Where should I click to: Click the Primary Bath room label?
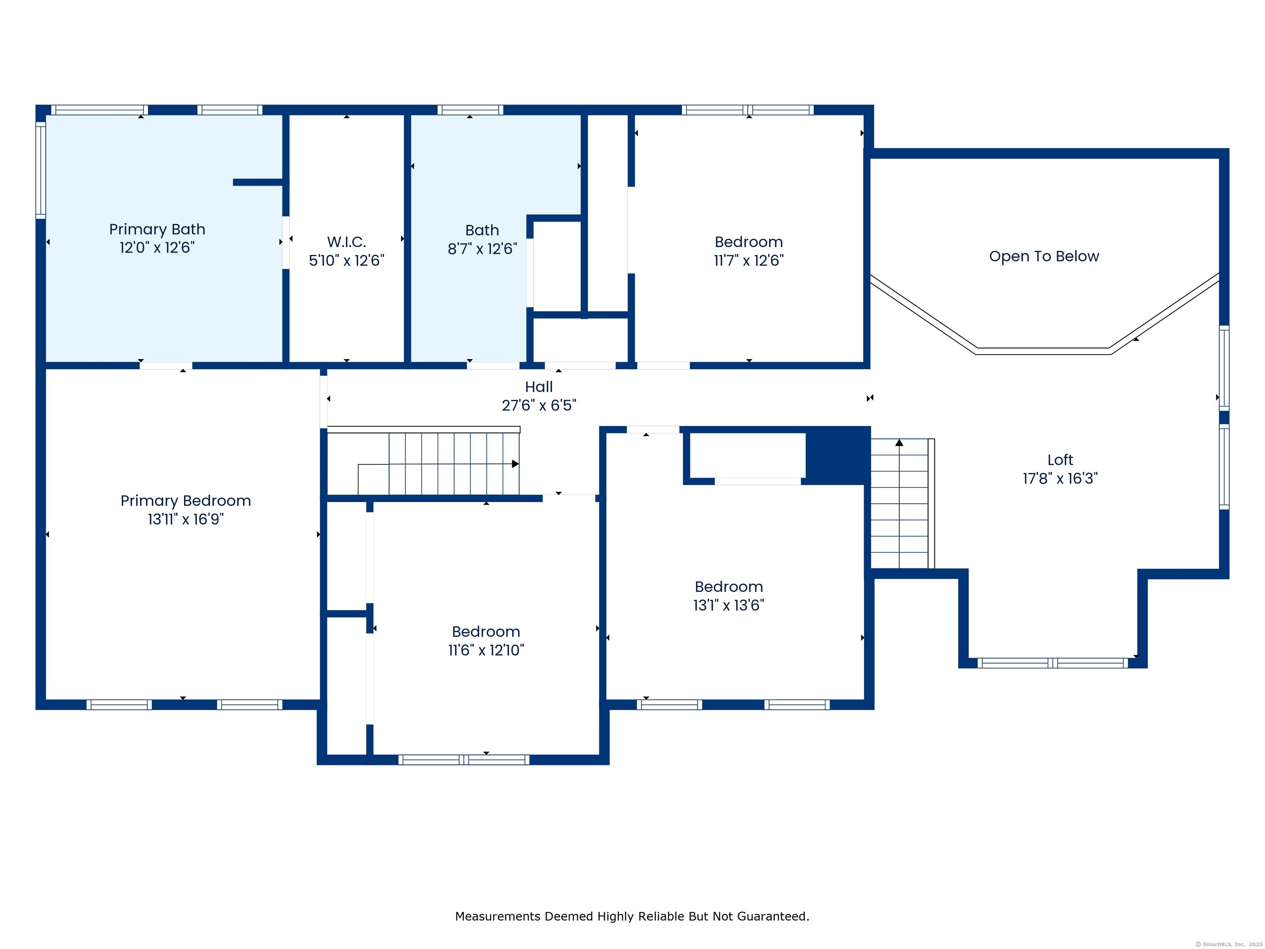[157, 229]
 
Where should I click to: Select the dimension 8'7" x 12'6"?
[482, 249]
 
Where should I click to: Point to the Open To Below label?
[1044, 256]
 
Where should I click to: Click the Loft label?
[1060, 460]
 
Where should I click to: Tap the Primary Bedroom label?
[185, 501]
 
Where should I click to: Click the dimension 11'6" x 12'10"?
[485, 650]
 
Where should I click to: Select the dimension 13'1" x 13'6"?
[728, 605]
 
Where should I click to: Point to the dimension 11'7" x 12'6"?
[749, 260]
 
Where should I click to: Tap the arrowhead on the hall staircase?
[515, 464]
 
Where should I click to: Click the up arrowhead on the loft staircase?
[899, 443]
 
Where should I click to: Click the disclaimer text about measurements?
[632, 916]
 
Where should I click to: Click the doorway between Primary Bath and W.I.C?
[285, 242]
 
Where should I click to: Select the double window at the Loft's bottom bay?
[1052, 663]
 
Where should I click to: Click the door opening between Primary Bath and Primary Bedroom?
[166, 365]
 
